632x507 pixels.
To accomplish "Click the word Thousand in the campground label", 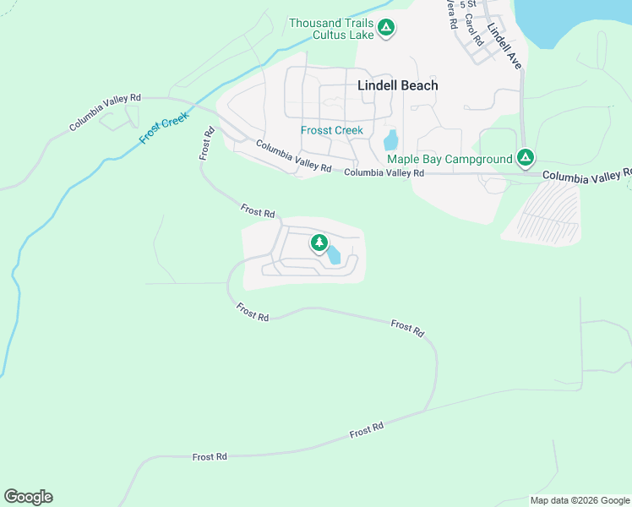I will [315, 23].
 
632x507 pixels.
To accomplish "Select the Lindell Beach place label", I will [398, 85].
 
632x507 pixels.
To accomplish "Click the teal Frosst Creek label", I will [332, 130].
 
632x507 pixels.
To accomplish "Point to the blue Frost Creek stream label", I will [164, 128].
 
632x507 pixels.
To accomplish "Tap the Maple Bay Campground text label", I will [449, 159].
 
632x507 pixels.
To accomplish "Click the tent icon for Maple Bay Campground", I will [526, 157].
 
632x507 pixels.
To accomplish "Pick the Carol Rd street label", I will [474, 29].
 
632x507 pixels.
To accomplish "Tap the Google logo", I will [28, 497].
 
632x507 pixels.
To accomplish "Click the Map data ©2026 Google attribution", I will [580, 500].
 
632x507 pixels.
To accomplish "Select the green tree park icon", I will [319, 244].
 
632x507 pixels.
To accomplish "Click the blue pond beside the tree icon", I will [335, 255].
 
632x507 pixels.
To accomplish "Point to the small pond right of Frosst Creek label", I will [390, 140].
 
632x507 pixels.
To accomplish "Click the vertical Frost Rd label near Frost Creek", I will [206, 144].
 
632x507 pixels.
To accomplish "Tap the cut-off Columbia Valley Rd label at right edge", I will [587, 176].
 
